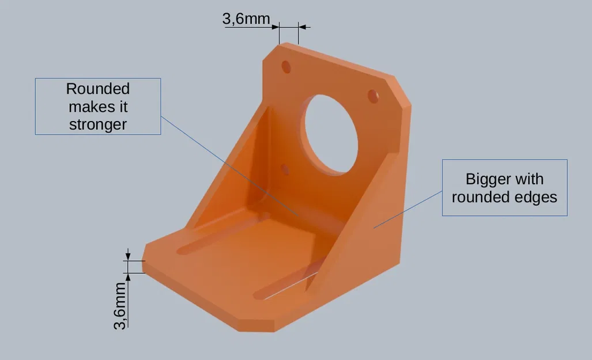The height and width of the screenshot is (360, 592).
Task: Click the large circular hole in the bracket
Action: (331, 134)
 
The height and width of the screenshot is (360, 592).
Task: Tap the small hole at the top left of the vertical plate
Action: (286, 67)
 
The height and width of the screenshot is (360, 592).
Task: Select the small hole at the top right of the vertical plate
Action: (373, 96)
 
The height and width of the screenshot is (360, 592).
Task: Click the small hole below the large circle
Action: (284, 169)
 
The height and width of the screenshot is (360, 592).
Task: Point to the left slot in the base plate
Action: (222, 234)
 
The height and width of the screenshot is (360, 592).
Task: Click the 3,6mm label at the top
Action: (246, 19)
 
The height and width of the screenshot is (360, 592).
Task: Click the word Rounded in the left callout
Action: (97, 89)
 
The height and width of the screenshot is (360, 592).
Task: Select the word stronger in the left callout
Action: (97, 124)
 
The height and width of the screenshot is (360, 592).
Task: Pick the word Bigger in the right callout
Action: (484, 179)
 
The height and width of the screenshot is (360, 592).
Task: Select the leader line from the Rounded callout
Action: (231, 167)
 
